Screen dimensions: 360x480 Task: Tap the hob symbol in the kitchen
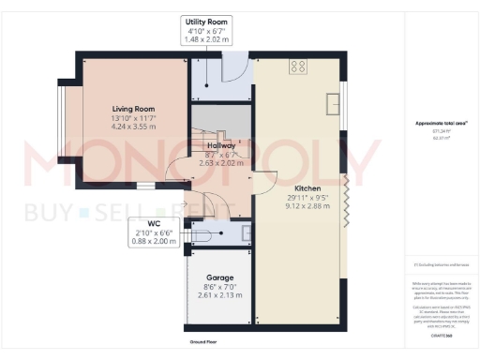(300, 67)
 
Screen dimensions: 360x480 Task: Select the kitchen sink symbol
(333, 101)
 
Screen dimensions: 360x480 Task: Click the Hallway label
(220, 146)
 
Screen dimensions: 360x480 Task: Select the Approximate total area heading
(435, 124)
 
